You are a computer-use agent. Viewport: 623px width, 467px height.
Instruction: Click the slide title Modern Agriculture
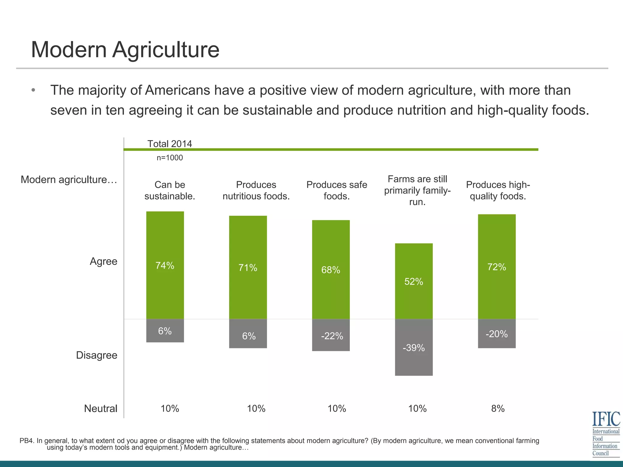click(x=125, y=50)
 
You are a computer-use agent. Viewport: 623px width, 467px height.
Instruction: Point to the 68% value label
click(x=331, y=270)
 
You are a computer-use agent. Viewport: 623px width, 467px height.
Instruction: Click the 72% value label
click(x=496, y=267)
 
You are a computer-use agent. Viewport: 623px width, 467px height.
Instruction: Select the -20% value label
click(x=496, y=334)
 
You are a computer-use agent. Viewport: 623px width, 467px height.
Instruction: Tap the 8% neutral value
click(x=498, y=409)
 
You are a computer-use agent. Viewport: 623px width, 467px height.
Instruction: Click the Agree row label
click(x=103, y=261)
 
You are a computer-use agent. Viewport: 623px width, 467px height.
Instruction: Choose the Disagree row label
click(x=96, y=355)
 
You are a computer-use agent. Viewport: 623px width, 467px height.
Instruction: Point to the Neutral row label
click(x=100, y=409)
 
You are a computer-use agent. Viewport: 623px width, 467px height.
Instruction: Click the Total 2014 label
click(x=170, y=144)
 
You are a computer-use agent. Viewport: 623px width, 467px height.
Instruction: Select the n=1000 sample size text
click(x=170, y=158)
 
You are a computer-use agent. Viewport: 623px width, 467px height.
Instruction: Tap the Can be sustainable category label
click(x=170, y=190)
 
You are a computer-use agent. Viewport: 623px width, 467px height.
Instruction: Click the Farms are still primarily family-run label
click(x=417, y=190)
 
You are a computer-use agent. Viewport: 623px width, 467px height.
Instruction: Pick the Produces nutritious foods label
click(x=256, y=190)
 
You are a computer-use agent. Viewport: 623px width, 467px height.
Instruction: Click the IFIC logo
click(x=606, y=434)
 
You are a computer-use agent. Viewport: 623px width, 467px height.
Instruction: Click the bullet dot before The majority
click(x=33, y=90)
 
